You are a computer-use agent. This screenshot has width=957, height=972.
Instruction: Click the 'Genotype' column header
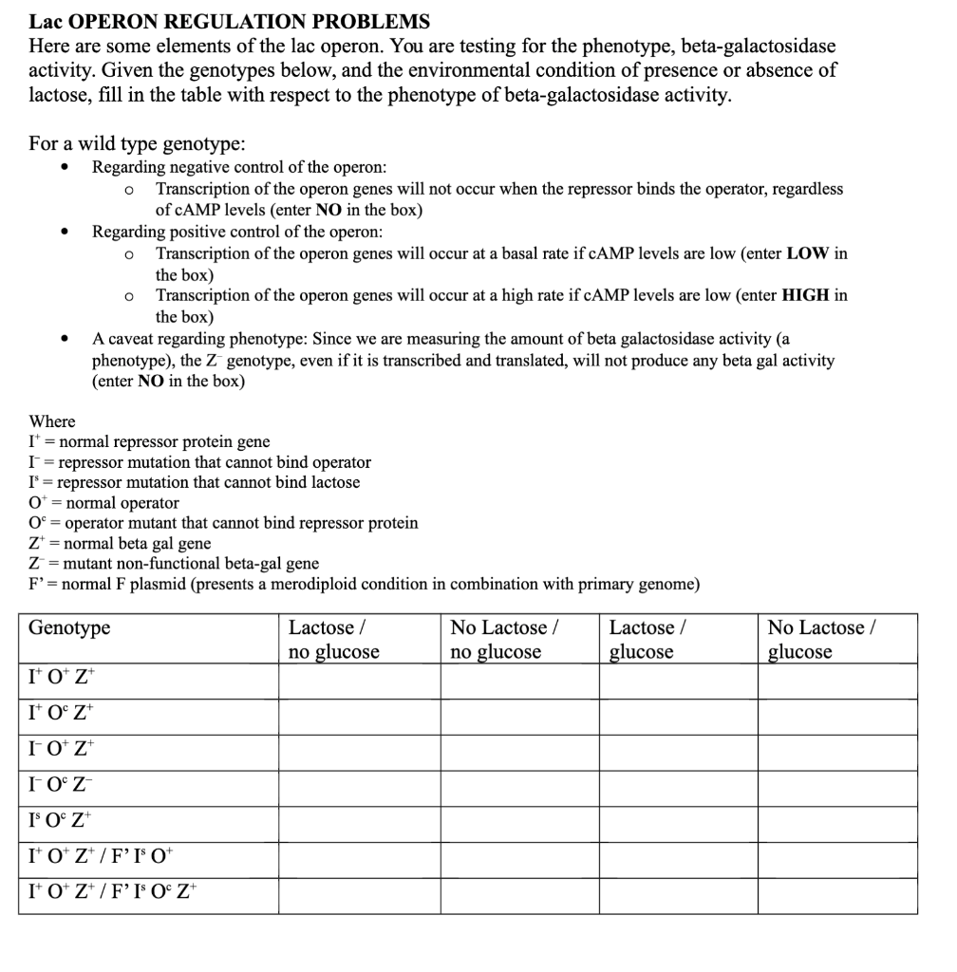coord(69,628)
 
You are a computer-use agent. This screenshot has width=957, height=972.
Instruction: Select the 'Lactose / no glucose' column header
coord(333,640)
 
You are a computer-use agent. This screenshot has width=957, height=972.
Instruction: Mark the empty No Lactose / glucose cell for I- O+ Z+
coord(836,753)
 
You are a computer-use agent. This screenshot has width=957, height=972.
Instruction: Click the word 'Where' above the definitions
coord(52,421)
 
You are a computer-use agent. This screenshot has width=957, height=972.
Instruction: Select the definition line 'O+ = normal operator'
coord(103,503)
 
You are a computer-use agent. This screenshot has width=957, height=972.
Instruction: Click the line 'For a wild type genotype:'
coord(137,143)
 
